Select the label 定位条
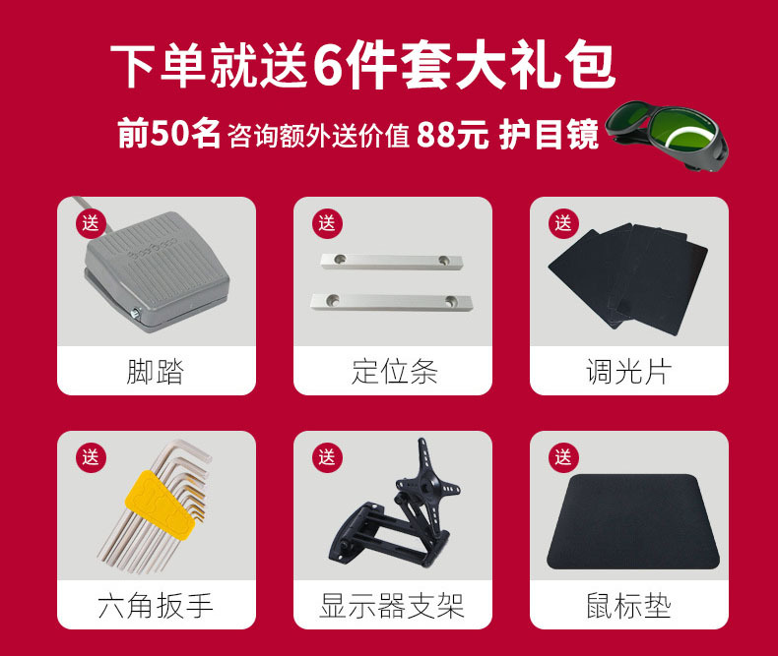[393, 372]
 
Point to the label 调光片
[629, 372]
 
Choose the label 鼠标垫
[629, 605]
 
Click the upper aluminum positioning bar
[392, 261]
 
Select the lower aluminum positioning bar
[392, 301]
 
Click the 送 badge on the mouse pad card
[563, 457]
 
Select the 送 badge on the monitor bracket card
[327, 457]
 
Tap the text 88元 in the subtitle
[452, 135]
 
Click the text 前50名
[168, 134]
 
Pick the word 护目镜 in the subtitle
[549, 135]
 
